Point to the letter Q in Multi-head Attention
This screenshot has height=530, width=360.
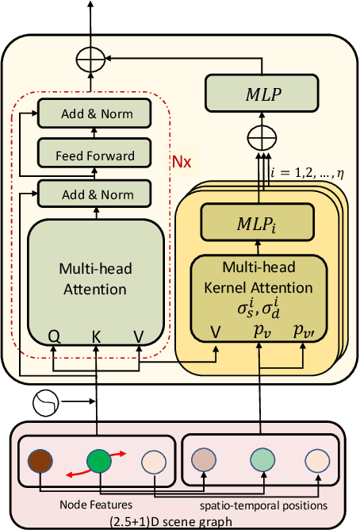(x=54, y=336)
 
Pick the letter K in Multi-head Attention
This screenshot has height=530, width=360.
(x=97, y=336)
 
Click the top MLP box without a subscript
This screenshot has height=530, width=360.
(x=262, y=93)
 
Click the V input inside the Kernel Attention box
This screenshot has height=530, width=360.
(x=215, y=331)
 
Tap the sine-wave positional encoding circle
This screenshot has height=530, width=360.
(x=46, y=405)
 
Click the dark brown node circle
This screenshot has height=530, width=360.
(x=39, y=462)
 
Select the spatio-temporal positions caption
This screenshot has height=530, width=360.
(x=264, y=503)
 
